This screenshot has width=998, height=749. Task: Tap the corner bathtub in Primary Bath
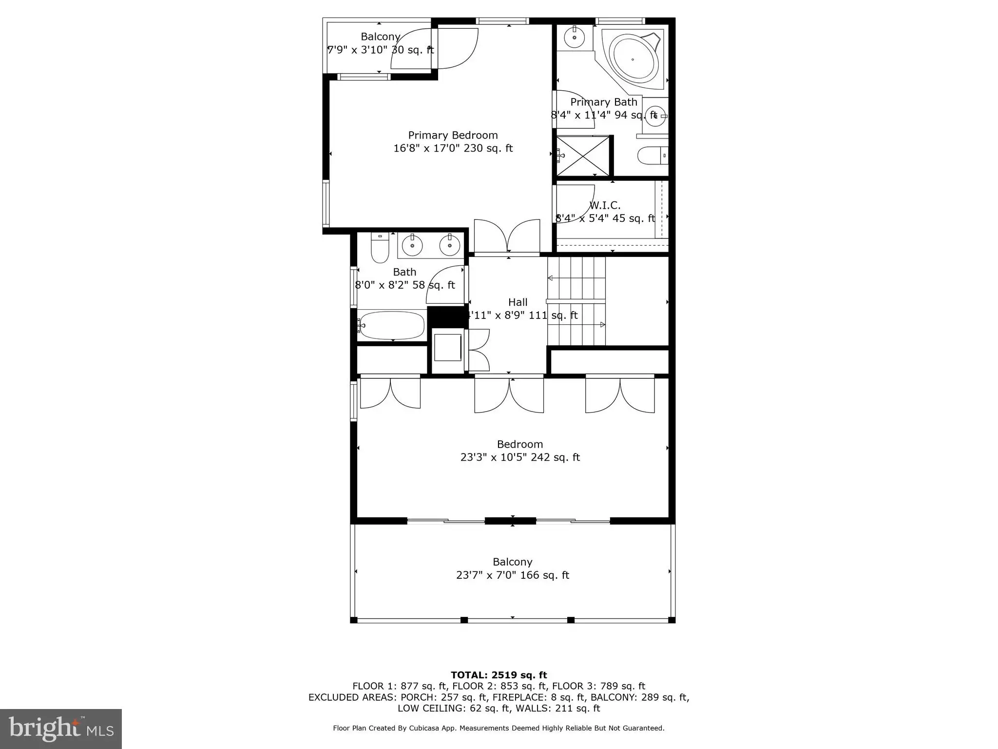[633, 59]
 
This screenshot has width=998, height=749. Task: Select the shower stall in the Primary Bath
[583, 156]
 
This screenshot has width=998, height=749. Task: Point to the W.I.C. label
[605, 205]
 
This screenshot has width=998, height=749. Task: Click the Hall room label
[518, 302]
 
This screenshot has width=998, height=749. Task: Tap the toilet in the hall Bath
[380, 247]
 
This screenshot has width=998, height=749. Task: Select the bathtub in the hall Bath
[392, 325]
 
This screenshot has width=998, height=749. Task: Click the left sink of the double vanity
[413, 245]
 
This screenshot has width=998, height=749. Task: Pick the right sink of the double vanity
[449, 245]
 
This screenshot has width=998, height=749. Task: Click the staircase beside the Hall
[576, 301]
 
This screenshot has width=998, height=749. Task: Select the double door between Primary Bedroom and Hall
[507, 237]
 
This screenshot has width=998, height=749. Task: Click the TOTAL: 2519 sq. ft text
[499, 675]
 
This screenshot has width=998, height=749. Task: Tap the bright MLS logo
[61, 729]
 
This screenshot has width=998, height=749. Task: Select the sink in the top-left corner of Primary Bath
[575, 37]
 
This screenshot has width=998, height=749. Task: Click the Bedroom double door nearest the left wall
[390, 392]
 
